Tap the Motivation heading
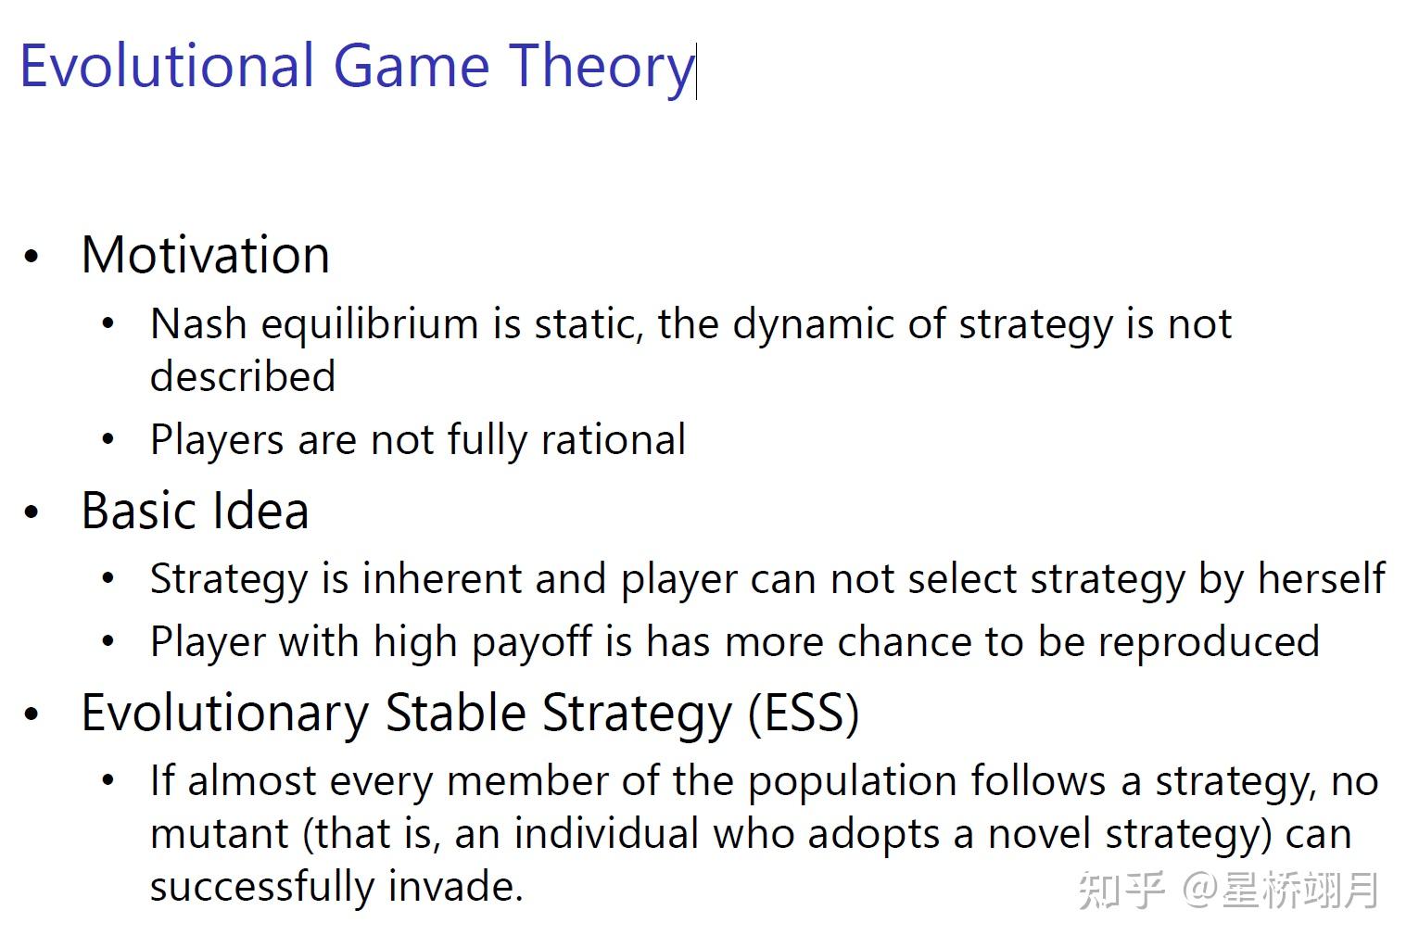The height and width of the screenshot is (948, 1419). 205,255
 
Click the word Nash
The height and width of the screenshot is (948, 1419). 198,324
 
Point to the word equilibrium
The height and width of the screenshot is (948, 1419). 370,324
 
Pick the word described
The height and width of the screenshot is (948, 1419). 243,376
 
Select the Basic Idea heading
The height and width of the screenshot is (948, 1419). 195,511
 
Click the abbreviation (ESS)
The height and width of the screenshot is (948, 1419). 804,713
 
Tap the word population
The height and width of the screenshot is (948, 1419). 852,781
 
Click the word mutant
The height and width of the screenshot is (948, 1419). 220,833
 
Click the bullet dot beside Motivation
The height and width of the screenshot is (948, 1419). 32,257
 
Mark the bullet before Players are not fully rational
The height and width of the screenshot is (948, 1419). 108,440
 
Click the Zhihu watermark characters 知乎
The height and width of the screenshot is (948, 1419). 1120,890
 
